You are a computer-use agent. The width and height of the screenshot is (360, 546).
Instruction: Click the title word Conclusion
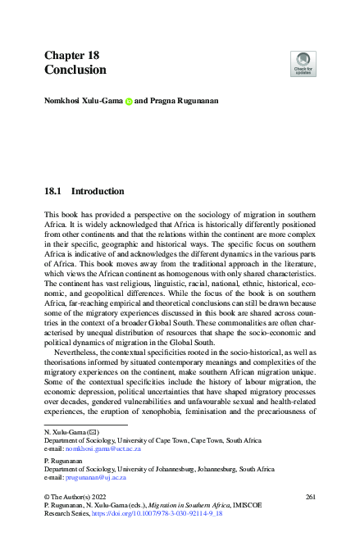[75, 71]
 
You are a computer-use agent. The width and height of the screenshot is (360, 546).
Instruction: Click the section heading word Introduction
[98, 192]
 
